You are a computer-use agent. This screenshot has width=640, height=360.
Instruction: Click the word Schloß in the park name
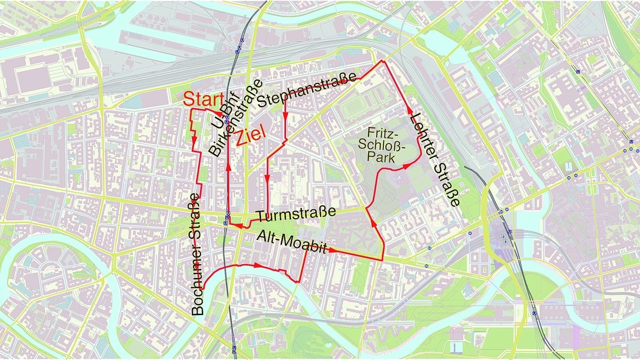387,145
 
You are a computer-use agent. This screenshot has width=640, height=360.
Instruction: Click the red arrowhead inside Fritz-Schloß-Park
407,166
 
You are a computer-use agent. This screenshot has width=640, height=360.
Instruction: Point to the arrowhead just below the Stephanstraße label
285,114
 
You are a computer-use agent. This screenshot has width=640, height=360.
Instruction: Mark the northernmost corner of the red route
382,61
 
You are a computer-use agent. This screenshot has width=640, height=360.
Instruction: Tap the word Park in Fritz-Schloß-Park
385,158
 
